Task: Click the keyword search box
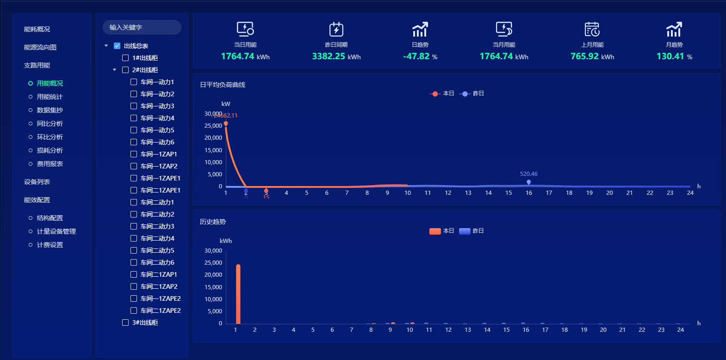pos(142,27)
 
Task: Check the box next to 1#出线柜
pos(125,58)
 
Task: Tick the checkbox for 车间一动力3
pos(134,106)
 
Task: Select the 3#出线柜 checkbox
pos(125,323)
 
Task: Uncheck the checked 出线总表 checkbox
pos(117,46)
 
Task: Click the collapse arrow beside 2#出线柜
pos(115,70)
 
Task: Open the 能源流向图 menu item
pos(40,47)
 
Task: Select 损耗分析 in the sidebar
pos(50,150)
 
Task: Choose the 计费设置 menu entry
pos(50,245)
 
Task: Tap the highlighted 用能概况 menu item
pos(50,83)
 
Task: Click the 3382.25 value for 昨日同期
pos(329,56)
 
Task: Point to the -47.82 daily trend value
pos(416,56)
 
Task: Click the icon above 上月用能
pos(592,29)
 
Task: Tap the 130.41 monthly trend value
pos(670,56)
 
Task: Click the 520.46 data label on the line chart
pos(528,174)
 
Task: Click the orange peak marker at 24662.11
pos(226,124)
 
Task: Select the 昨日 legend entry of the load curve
pos(472,93)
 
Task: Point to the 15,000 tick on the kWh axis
pos(213,287)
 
